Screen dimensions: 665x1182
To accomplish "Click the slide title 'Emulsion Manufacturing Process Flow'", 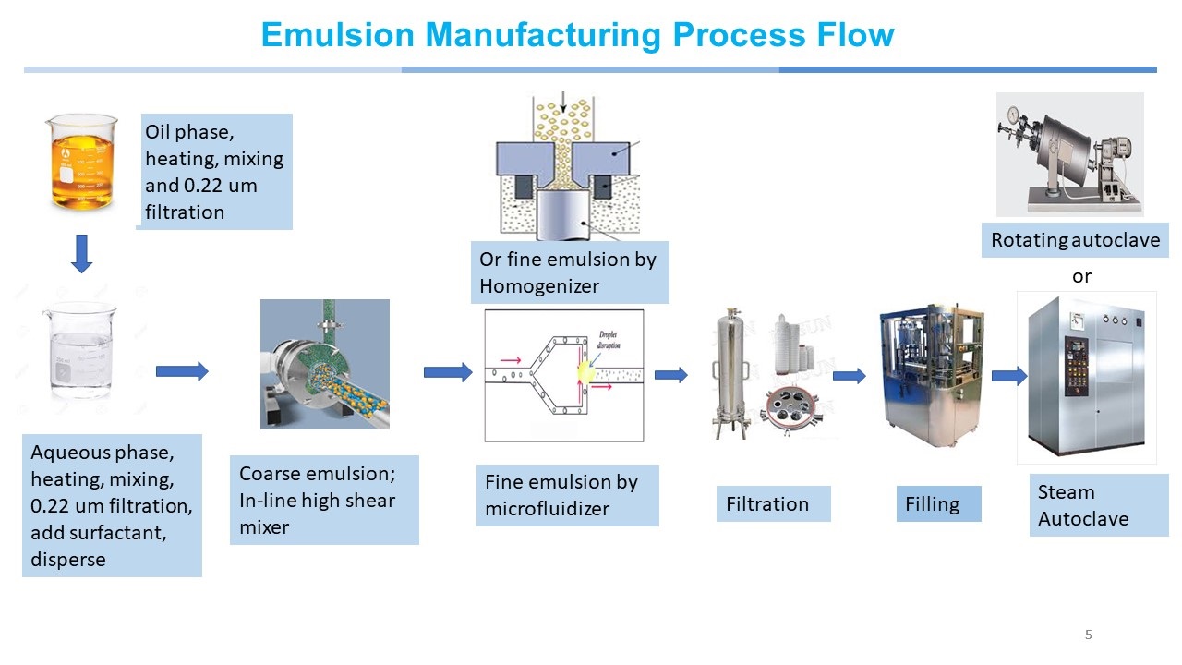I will coord(577,35).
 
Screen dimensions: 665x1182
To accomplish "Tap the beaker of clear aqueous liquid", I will coord(78,352).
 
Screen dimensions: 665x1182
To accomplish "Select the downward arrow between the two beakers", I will coord(82,253).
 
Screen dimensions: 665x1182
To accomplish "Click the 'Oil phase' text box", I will coord(214,172).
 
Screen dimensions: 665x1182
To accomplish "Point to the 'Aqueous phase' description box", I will coord(112,505).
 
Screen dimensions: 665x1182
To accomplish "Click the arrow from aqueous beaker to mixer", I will coord(182,371).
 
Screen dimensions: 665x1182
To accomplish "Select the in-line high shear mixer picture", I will coord(325,364).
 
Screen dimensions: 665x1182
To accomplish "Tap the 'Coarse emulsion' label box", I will coord(324,500).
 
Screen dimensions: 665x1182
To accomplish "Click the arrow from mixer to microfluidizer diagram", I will coord(448,372).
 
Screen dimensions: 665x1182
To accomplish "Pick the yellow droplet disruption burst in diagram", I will coord(586,372).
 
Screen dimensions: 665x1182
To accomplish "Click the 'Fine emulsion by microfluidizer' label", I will coord(567,495).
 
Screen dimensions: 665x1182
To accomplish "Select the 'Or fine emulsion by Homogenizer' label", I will coord(569,272).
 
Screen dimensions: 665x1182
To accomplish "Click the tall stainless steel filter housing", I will coord(729,374).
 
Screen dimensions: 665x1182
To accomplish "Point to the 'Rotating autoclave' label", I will coord(1075,240).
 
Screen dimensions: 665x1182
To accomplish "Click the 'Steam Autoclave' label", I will coord(1097,505).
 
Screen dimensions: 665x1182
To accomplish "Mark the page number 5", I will coord(1088,635).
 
